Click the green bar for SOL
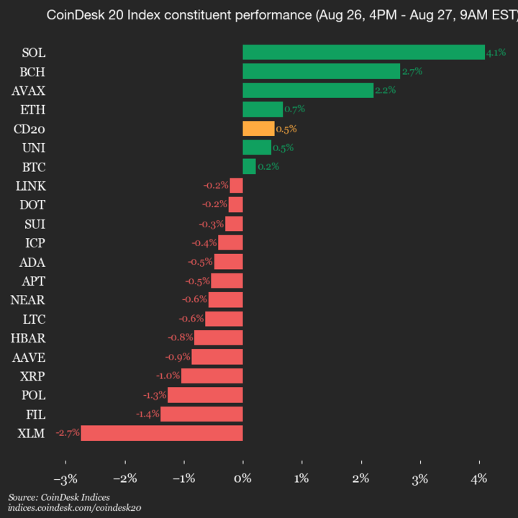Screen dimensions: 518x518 (x=363, y=53)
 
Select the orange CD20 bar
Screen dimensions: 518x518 (x=258, y=129)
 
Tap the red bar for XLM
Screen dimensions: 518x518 (x=162, y=433)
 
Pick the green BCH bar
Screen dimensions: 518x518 (x=321, y=71)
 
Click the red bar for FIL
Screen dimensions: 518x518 (x=201, y=414)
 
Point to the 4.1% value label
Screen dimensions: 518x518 (x=496, y=53)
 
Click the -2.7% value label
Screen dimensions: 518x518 (x=68, y=433)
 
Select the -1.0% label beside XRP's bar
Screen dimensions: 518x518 (x=168, y=376)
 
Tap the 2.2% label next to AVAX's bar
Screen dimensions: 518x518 (x=384, y=91)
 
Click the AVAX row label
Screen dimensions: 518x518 (x=29, y=91)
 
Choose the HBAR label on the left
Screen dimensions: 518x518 (x=29, y=337)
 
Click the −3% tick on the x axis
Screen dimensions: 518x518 (x=65, y=478)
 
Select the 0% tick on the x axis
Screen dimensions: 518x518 (x=243, y=478)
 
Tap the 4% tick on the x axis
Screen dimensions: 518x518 (x=479, y=478)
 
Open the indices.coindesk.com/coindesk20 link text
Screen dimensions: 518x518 (x=74, y=508)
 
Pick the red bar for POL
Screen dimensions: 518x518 (x=205, y=395)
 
